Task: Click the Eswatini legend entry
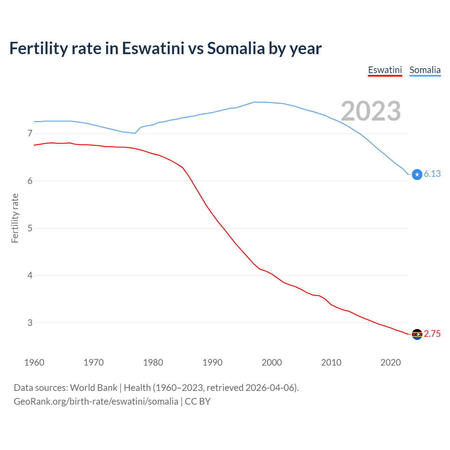click(385, 70)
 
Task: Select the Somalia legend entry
click(425, 70)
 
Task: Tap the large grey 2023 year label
click(371, 111)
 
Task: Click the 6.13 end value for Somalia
click(432, 174)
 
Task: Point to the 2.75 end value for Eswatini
click(432, 334)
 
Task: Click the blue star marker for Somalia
click(417, 174)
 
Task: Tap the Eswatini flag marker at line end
click(417, 334)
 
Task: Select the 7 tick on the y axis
click(30, 133)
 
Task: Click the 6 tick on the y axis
click(30, 181)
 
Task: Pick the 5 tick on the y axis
click(30, 228)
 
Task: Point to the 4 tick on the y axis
click(30, 275)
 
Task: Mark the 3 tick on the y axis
click(30, 323)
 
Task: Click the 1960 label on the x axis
click(34, 362)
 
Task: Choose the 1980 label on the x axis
click(153, 362)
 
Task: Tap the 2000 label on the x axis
click(272, 362)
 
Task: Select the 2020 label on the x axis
click(391, 362)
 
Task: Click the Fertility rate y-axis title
click(15, 218)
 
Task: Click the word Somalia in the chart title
click(236, 49)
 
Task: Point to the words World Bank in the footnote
click(94, 388)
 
